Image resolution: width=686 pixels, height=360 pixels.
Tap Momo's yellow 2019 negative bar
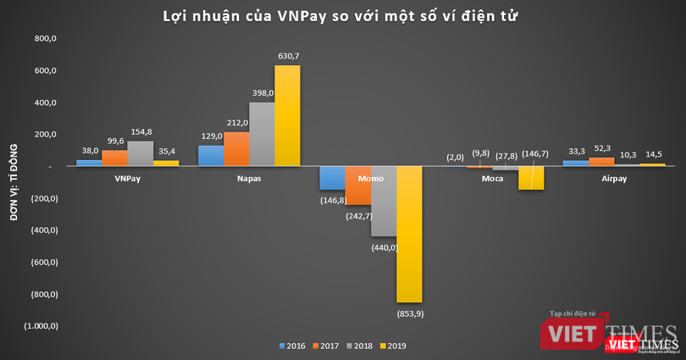[409, 234]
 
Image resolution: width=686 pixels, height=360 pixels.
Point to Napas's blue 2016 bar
[211, 156]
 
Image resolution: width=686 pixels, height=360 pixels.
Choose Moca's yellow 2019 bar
[530, 178]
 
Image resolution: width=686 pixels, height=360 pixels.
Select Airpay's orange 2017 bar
[601, 161]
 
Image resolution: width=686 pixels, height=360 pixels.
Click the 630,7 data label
[288, 56]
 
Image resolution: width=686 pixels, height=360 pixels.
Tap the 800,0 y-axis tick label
[44, 39]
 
